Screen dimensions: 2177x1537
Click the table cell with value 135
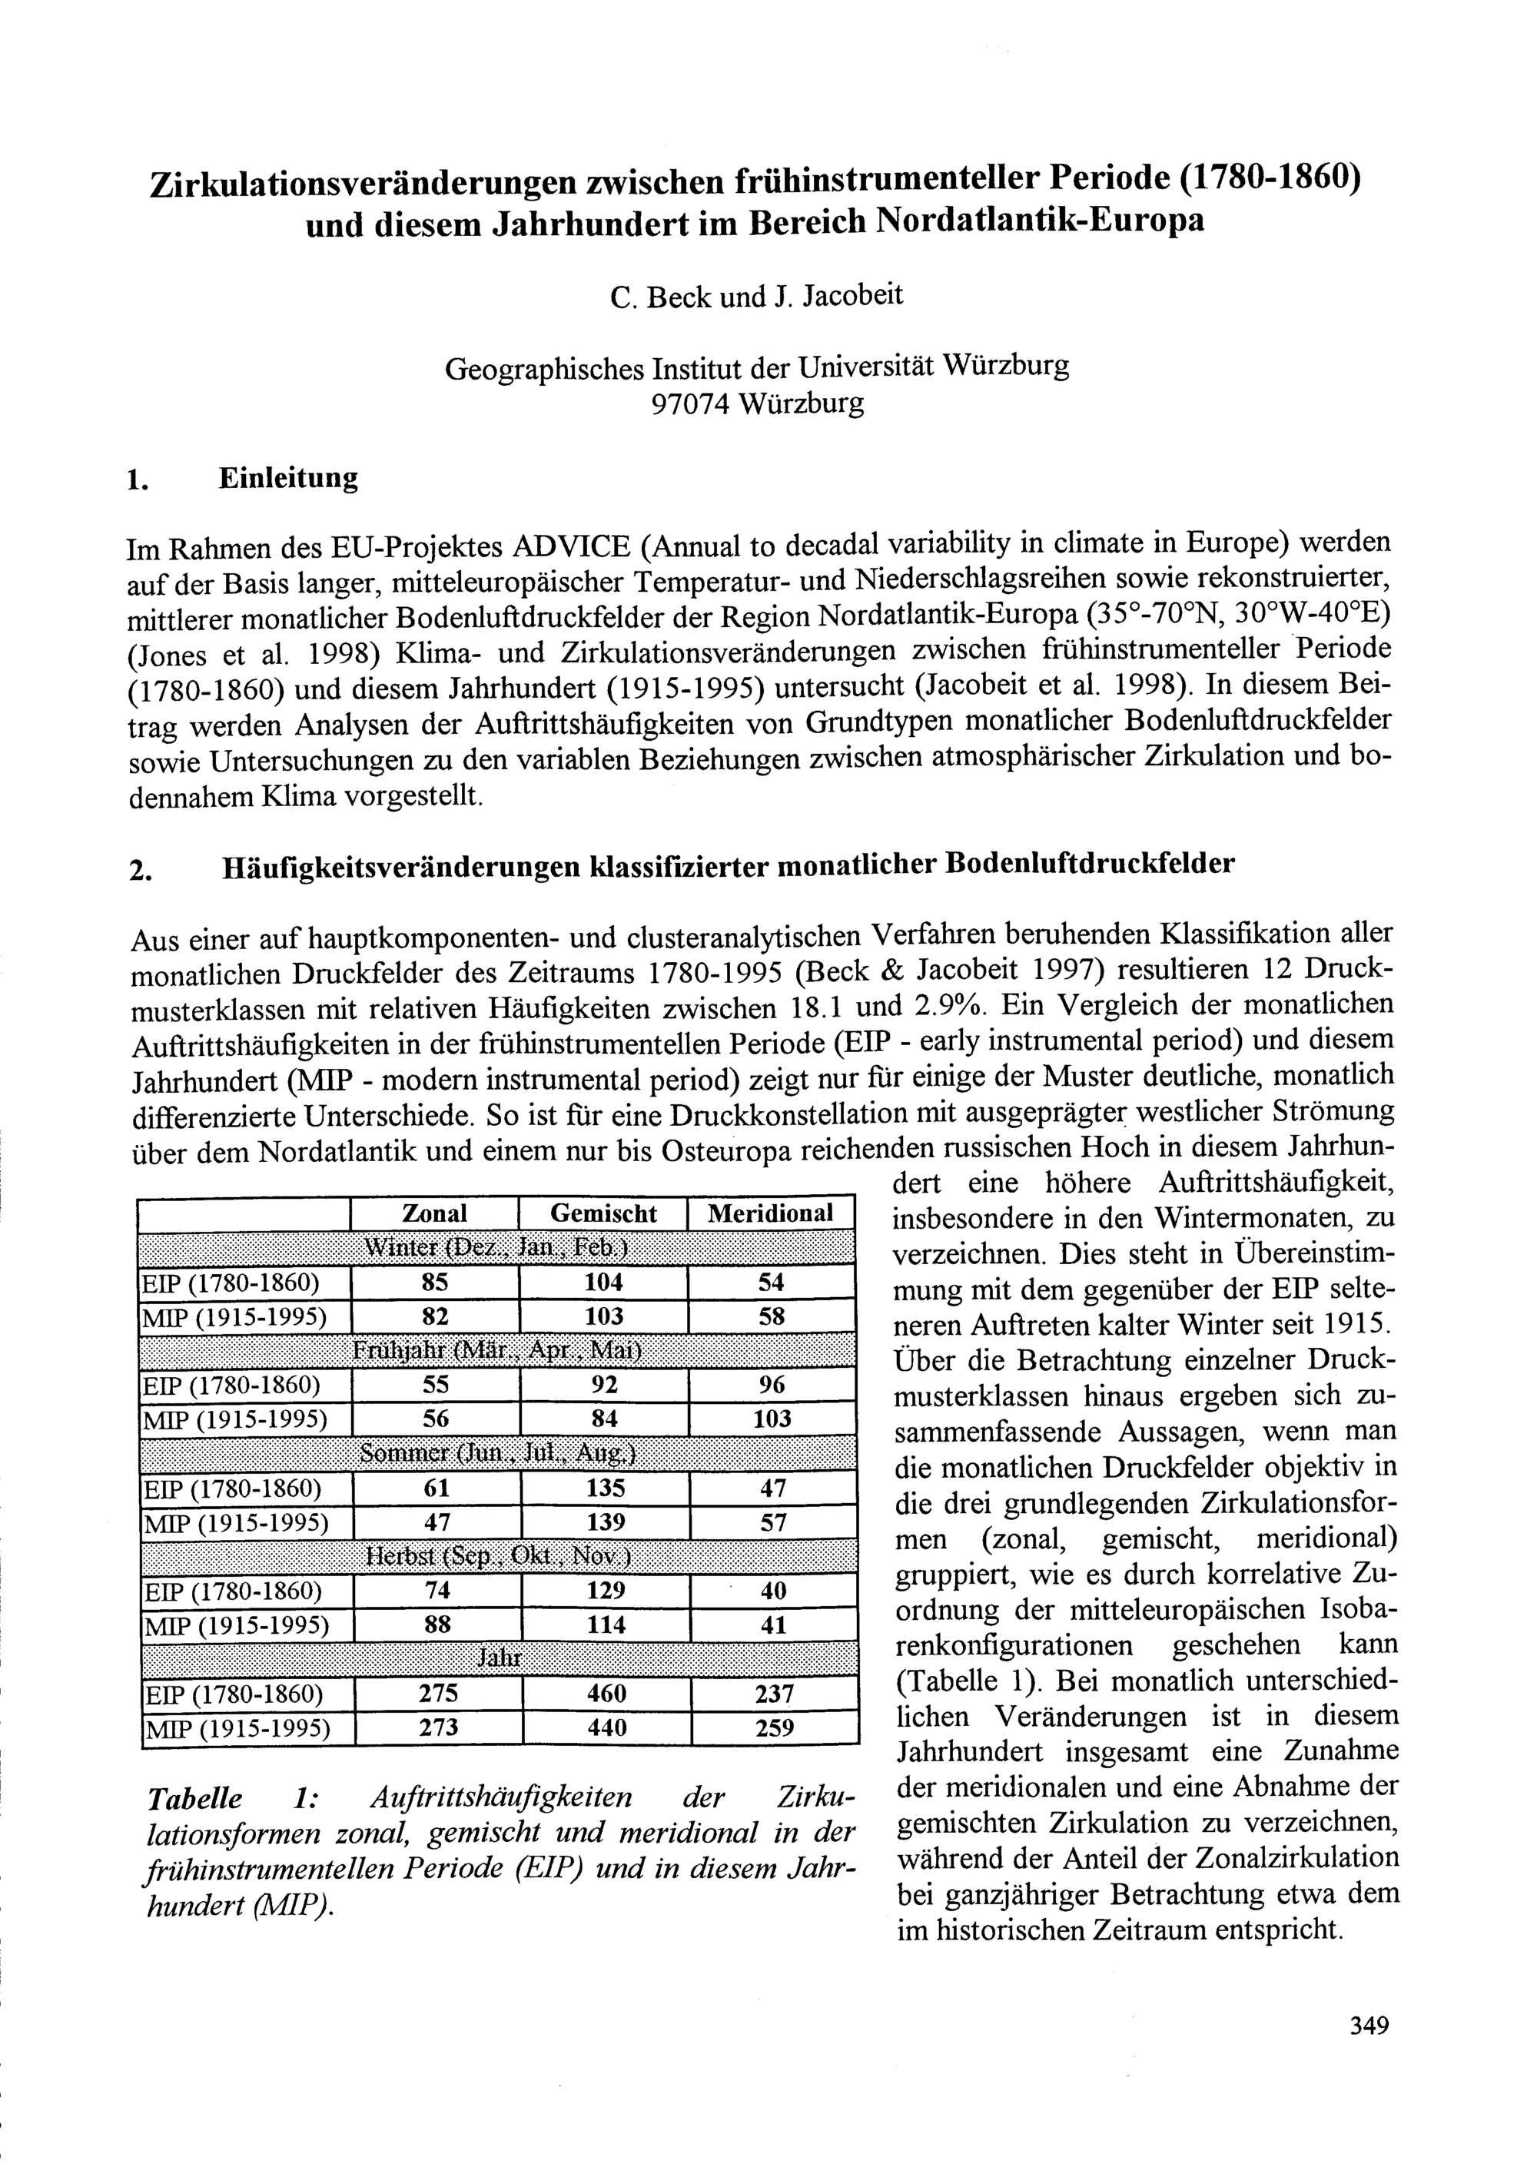click(x=605, y=1488)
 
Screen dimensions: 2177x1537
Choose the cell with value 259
click(x=774, y=1727)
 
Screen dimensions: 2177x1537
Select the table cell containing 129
click(x=605, y=1590)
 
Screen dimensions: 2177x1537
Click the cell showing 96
click(x=772, y=1384)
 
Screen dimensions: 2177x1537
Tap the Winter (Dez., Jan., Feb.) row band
click(x=497, y=1248)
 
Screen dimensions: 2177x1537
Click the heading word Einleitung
click(x=288, y=478)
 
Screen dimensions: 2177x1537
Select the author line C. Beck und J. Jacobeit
click(x=757, y=297)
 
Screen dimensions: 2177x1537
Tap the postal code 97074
click(x=689, y=404)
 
